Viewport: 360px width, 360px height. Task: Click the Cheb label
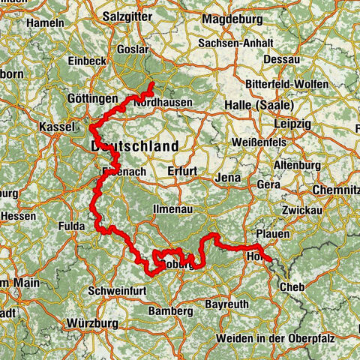pos(292,287)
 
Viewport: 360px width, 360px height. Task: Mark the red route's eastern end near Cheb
pos(272,262)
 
